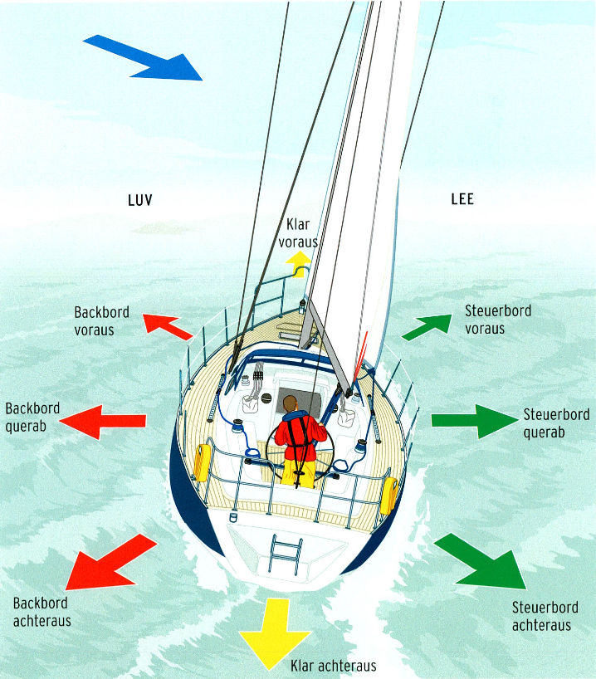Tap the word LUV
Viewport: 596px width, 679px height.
coord(141,200)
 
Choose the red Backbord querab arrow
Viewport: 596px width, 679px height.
coord(104,421)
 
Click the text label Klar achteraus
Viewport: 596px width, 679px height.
coord(334,666)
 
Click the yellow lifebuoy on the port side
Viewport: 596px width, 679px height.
coord(202,462)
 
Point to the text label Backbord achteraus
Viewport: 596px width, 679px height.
coord(42,612)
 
